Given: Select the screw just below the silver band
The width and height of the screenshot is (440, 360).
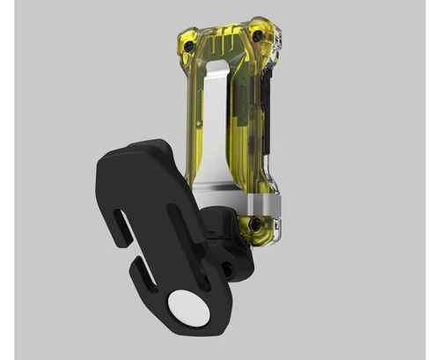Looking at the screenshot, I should coord(254,225).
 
